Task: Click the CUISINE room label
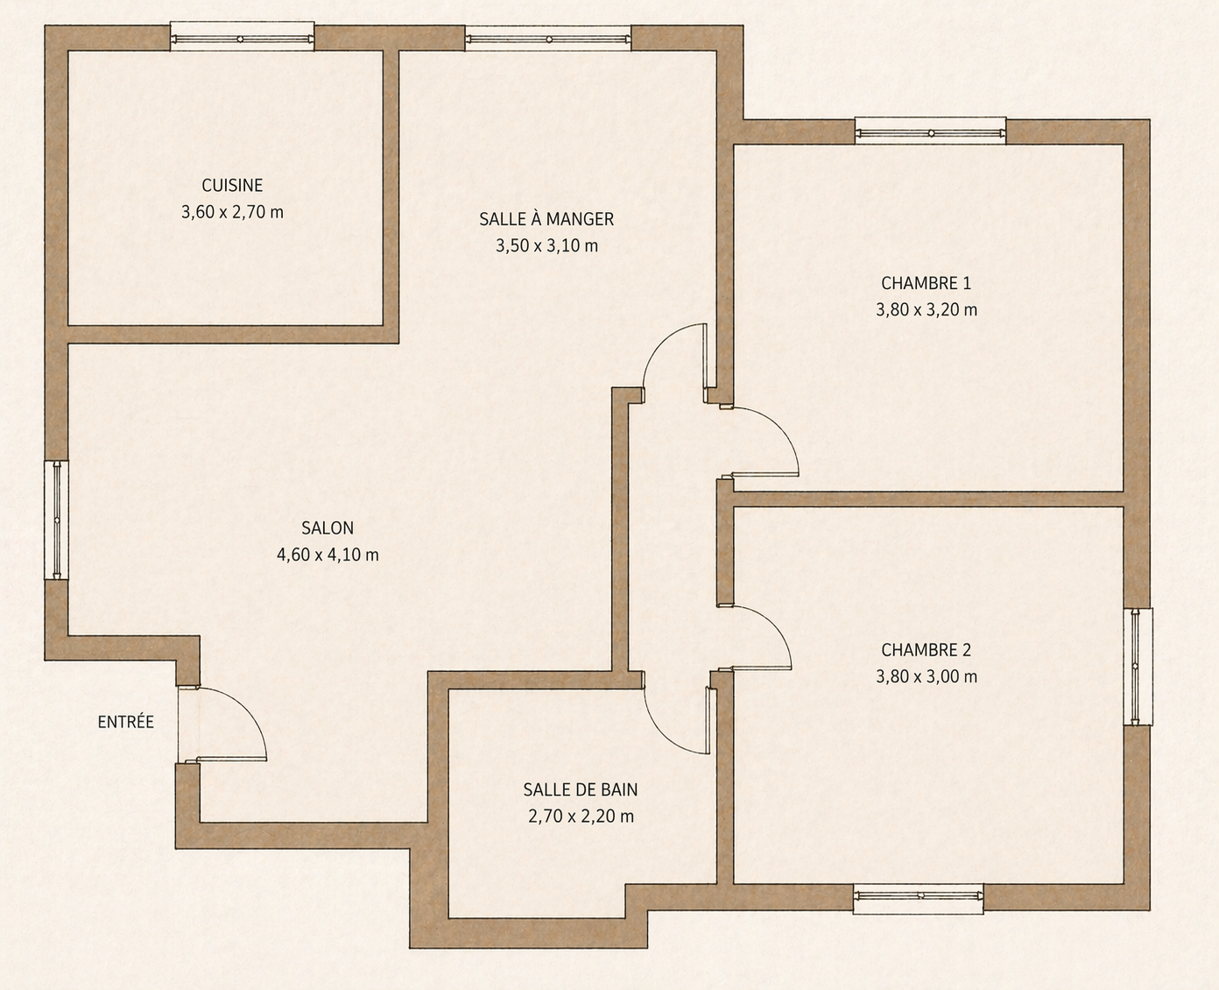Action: click(x=232, y=185)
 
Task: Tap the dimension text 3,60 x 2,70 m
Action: click(x=232, y=212)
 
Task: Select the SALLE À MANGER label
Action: click(x=546, y=218)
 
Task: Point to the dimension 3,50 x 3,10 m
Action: click(x=546, y=245)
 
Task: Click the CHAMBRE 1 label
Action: click(x=926, y=283)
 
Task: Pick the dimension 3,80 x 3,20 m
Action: click(x=926, y=310)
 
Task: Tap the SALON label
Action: click(x=328, y=528)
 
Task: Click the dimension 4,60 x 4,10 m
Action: click(x=328, y=555)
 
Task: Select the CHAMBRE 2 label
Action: click(x=926, y=650)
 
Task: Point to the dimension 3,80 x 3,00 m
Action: click(x=926, y=677)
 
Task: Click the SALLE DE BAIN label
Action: click(x=581, y=789)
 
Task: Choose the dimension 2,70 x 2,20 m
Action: click(x=581, y=817)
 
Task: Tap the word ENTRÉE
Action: click(x=126, y=721)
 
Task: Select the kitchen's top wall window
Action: click(x=242, y=37)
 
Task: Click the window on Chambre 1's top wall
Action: click(x=931, y=131)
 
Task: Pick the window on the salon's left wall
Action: click(x=57, y=520)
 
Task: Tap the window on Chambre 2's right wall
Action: click(x=1138, y=667)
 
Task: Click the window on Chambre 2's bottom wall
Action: click(x=918, y=898)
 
